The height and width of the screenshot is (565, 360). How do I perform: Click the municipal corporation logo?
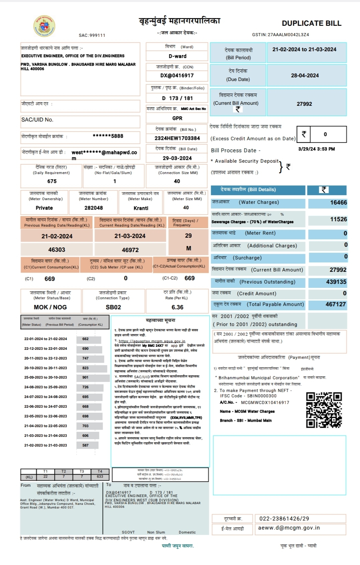click(44, 26)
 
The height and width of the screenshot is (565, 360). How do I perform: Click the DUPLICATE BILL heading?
click(311, 23)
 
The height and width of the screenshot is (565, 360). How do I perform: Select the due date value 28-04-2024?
click(305, 76)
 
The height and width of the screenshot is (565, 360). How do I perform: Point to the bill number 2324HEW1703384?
click(177, 138)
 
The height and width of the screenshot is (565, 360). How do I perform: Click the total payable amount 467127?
click(336, 304)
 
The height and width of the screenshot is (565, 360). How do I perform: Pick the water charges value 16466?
click(338, 203)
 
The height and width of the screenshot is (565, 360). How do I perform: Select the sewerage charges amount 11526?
click(338, 219)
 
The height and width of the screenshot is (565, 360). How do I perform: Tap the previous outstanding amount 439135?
click(336, 282)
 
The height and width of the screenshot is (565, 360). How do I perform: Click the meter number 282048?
click(94, 208)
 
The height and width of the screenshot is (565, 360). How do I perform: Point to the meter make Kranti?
click(141, 208)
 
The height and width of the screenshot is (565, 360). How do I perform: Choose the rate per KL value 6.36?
click(177, 307)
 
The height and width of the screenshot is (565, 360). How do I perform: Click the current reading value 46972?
click(130, 250)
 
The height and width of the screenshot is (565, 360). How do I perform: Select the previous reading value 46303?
click(57, 250)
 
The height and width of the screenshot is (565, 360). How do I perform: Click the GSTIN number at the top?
click(280, 35)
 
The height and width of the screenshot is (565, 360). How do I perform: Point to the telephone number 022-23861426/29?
click(284, 518)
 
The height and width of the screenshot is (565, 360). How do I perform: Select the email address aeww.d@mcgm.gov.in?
click(289, 528)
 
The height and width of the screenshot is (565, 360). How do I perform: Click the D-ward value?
click(177, 56)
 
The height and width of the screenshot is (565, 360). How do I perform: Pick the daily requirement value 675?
click(52, 181)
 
